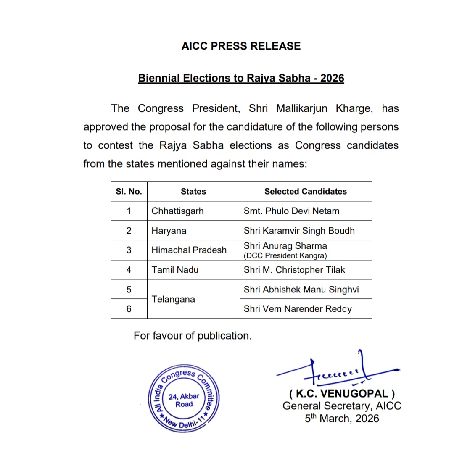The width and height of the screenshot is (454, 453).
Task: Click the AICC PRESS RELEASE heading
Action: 241,46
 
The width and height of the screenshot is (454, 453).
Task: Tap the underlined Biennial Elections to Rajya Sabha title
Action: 241,78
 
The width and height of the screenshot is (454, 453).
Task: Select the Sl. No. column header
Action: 129,192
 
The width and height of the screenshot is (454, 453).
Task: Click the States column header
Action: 193,192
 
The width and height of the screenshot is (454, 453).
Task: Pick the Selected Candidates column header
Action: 306,192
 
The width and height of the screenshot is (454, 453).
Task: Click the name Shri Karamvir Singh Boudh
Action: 299,231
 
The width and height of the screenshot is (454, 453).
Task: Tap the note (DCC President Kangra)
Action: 285,255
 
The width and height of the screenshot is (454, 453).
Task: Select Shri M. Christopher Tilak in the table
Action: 294,270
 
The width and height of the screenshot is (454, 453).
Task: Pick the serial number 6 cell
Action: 129,309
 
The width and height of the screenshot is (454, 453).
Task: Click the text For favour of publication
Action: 193,336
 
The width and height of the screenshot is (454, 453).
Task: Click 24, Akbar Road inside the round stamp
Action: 184,400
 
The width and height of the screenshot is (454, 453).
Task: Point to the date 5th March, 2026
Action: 342,419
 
